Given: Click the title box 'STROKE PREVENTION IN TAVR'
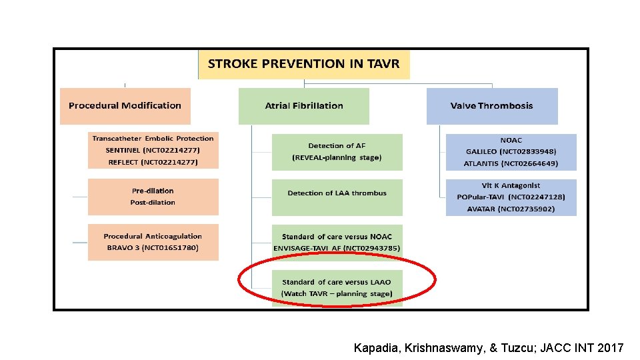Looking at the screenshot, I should [303, 65].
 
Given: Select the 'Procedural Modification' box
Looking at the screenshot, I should [125, 105].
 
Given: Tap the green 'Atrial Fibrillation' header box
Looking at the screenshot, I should [304, 105].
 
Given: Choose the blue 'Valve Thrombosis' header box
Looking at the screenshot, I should [491, 105].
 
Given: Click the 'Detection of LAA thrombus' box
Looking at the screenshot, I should [337, 193].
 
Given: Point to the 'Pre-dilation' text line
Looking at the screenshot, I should [153, 191].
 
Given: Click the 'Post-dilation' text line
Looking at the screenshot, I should [153, 202].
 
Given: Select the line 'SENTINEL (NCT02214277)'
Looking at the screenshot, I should [153, 150].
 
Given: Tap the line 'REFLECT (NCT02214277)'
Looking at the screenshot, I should [153, 162].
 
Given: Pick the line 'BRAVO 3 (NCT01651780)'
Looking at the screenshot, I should [153, 248].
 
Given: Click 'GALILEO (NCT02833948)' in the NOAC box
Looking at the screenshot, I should [511, 152].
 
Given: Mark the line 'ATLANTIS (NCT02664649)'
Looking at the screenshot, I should [511, 163].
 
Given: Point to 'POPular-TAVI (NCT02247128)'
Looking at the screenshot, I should [511, 197].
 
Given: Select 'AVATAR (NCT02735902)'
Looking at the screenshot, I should [511, 209].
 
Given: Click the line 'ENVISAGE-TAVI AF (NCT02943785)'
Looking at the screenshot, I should [337, 248].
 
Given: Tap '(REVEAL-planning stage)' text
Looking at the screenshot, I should [337, 157].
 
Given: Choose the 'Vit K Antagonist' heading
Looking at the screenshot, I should [511, 185].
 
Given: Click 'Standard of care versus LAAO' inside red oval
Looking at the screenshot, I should [337, 282].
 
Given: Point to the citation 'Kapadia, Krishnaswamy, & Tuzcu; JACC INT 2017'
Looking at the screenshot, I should [489, 347].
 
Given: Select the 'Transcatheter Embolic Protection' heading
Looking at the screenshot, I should [153, 139].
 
